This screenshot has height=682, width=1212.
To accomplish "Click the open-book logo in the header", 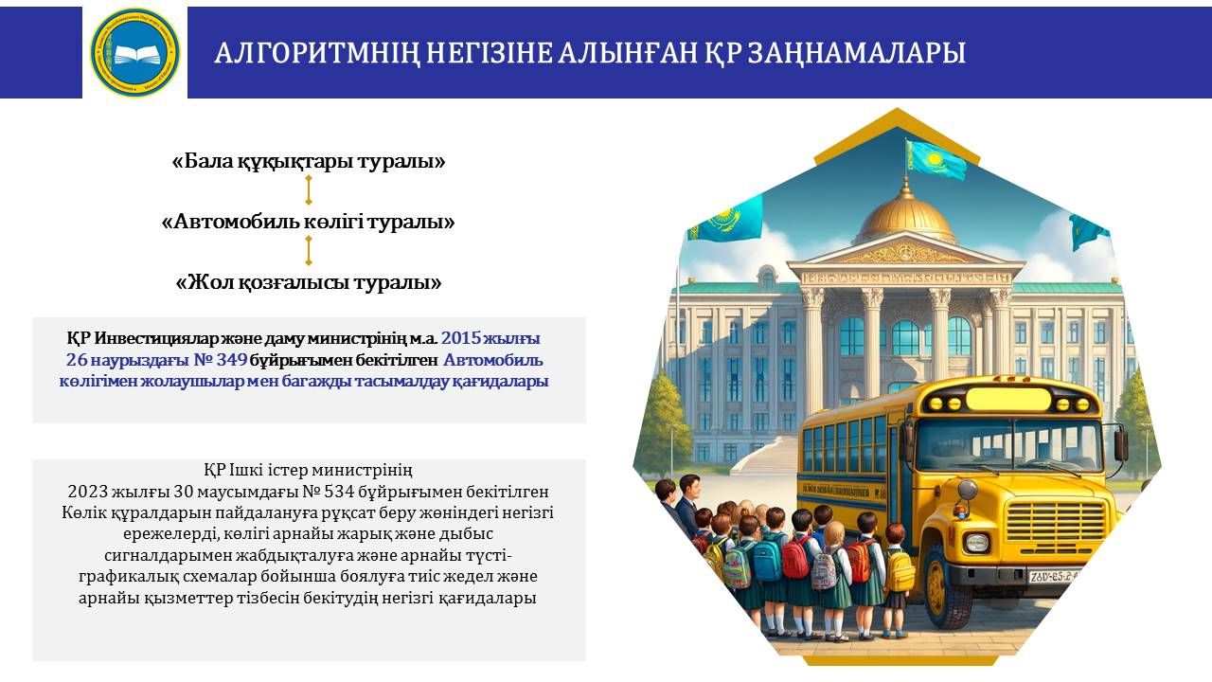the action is (x=134, y=52).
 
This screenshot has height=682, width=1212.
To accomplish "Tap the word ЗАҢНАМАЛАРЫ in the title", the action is (x=857, y=53).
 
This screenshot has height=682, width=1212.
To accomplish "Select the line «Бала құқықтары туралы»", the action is (x=309, y=161).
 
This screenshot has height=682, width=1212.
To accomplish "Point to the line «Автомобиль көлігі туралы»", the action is (x=309, y=222).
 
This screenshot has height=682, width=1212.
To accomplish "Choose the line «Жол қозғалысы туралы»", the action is (x=309, y=282).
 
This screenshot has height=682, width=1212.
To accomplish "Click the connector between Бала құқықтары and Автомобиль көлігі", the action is (x=309, y=190).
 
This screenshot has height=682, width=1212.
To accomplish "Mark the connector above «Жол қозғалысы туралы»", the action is (x=309, y=251).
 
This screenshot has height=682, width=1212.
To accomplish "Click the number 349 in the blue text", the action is (x=232, y=359).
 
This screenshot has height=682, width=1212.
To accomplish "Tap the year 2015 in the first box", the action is (x=461, y=338).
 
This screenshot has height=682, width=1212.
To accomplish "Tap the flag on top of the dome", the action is (x=936, y=159).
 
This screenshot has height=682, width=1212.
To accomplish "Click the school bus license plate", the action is (x=1053, y=576).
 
